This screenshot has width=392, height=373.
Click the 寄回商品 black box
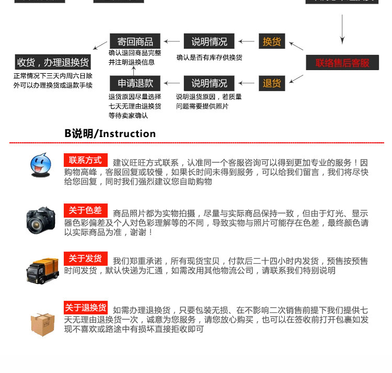[x=135, y=41]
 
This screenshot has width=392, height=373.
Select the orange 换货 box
[x=272, y=41]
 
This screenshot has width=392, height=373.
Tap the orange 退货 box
[x=272, y=83]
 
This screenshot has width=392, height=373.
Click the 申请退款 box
[x=135, y=83]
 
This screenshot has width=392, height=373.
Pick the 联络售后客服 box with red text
[x=342, y=63]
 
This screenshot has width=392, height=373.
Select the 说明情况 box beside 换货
[x=209, y=41]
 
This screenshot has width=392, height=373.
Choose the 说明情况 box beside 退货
[x=209, y=83]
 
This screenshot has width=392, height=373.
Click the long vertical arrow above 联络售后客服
[x=342, y=29]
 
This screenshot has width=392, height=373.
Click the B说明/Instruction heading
[x=110, y=133]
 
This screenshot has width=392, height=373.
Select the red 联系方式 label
[x=85, y=160]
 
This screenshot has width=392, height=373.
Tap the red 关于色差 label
[x=85, y=210]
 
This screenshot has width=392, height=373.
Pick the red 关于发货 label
[x=85, y=258]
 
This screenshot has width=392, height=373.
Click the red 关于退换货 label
[x=86, y=307]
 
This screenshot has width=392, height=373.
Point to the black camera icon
[x=41, y=219]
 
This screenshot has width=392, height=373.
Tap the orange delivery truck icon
[x=43, y=270]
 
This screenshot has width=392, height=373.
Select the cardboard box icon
[x=42, y=324]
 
